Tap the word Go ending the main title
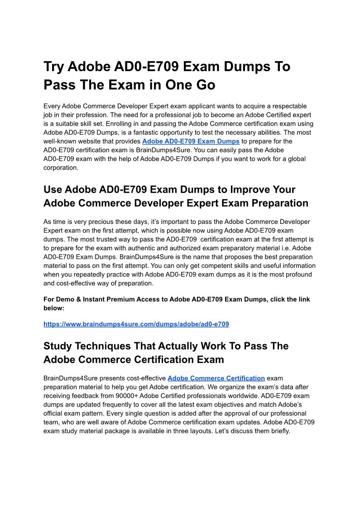[x=204, y=85]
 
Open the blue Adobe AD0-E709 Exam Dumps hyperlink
[x=191, y=141]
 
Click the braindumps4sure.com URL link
[x=136, y=324]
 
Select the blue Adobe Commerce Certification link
[x=216, y=378]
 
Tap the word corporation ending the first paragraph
[x=61, y=168]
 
